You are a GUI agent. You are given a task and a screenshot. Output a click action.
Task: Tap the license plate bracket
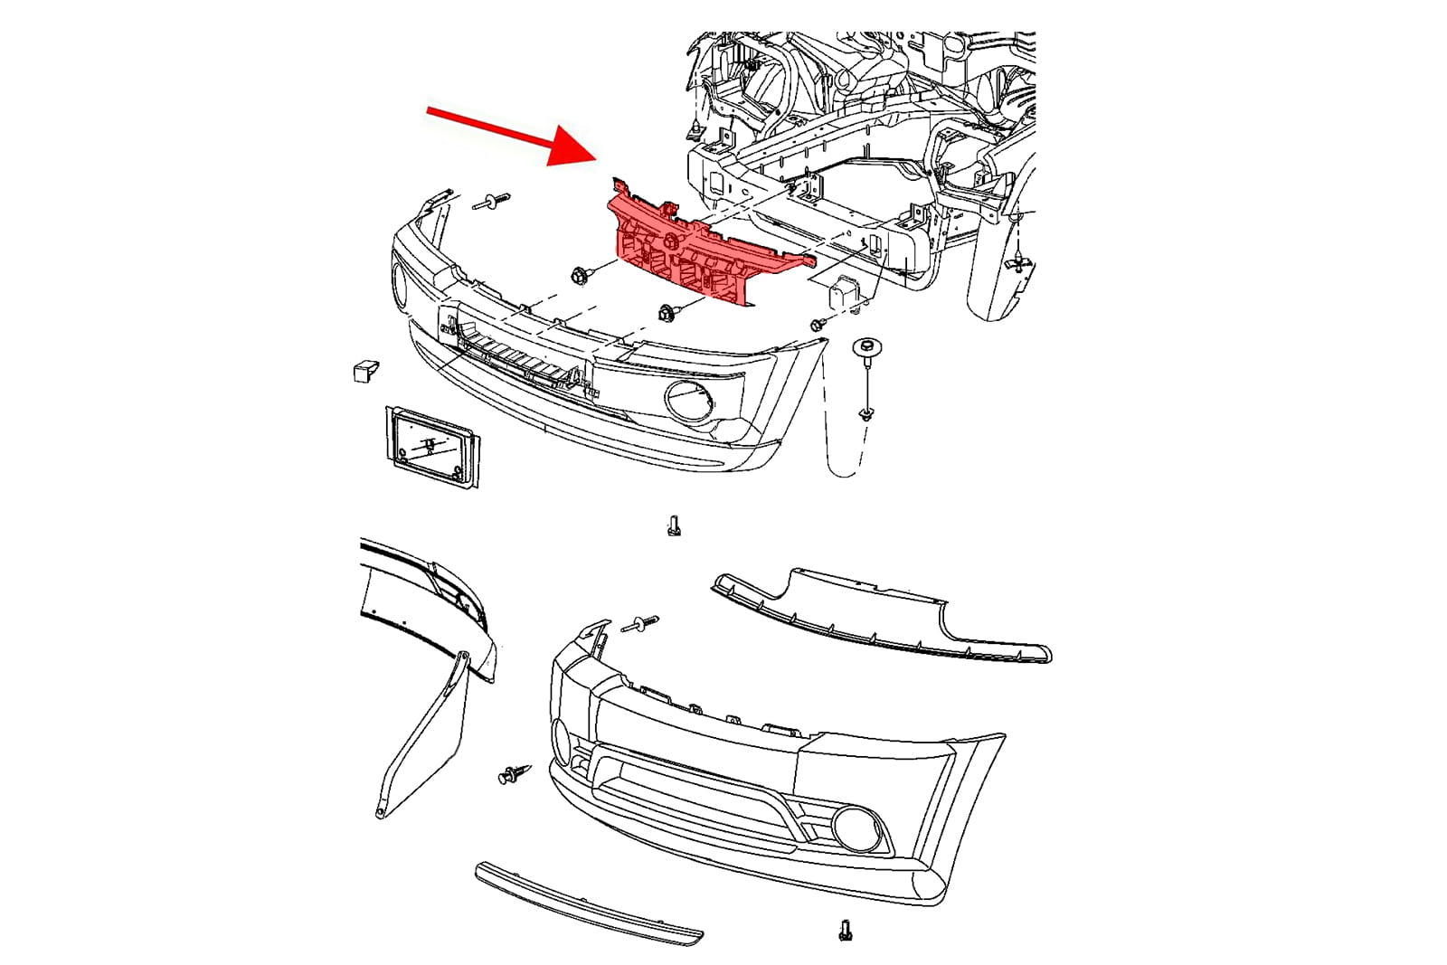(433, 447)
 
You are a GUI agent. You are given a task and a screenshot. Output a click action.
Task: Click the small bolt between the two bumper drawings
(674, 525)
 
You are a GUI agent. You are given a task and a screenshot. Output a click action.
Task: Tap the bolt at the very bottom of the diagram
(846, 930)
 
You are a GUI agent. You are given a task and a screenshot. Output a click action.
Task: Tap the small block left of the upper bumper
(364, 371)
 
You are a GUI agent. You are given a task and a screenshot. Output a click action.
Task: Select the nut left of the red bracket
(579, 274)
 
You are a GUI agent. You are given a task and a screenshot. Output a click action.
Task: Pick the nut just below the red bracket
(667, 314)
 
